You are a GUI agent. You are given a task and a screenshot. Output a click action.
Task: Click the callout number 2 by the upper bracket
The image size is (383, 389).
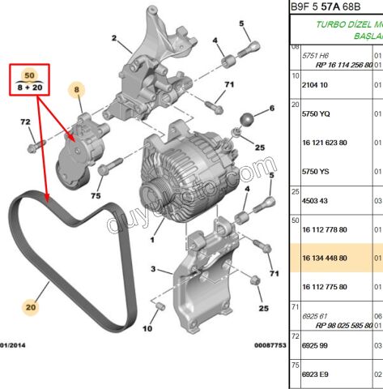(x=114, y=37)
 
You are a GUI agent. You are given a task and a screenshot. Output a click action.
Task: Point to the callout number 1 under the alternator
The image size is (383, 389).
(x=152, y=240)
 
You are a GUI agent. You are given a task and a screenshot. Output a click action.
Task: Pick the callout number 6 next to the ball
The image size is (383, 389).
(x=271, y=108)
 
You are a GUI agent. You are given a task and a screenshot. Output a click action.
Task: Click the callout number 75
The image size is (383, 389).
(x=95, y=196)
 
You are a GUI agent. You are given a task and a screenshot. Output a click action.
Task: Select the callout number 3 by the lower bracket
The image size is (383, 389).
(x=151, y=269)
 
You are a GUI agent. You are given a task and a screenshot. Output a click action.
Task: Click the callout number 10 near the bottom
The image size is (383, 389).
(x=147, y=330)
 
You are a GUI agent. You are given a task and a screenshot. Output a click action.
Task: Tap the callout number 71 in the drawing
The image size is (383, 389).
(x=229, y=85)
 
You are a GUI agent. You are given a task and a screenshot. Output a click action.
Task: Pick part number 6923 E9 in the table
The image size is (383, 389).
(x=316, y=374)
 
